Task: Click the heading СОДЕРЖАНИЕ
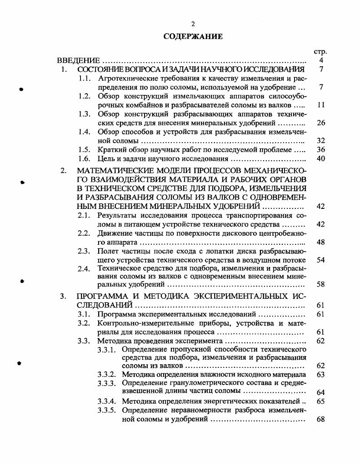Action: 193,37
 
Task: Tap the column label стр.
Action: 321,52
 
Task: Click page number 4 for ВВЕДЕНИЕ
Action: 321,61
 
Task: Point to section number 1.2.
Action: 84,96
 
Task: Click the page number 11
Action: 321,105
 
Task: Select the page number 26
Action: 321,123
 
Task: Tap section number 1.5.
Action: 84,150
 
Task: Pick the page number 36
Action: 321,150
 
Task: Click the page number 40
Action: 321,159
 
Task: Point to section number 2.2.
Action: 84,233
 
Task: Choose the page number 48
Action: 321,242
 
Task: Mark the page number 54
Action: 321,260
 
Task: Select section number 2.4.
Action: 84,269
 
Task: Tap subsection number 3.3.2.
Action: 109,375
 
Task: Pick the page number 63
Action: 321,375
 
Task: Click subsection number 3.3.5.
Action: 109,410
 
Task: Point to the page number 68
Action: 321,419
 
